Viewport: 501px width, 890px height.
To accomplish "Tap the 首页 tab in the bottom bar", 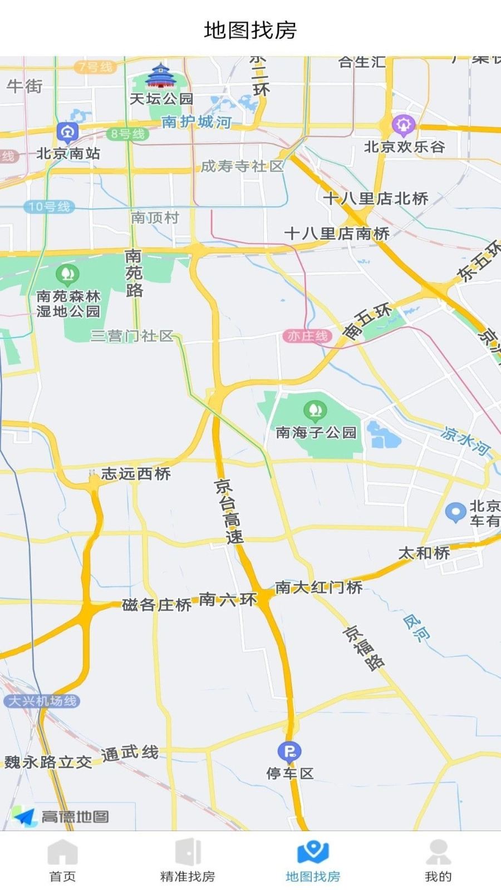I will tap(62, 860).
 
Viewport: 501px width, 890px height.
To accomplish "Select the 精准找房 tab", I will tap(188, 860).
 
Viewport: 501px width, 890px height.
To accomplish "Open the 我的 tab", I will tap(438, 860).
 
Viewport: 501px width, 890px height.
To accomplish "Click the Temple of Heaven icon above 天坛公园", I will tap(160, 76).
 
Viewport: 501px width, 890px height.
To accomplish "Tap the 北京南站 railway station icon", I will tap(67, 132).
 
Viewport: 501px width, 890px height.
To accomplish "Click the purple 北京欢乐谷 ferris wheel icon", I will tap(404, 125).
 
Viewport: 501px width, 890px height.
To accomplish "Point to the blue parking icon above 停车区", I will tap(289, 752).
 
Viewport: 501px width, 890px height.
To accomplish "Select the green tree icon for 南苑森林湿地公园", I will tap(68, 274).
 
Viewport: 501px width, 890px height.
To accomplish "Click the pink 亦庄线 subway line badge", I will tap(307, 336).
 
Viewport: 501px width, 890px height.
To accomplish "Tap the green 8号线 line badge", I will tap(127, 134).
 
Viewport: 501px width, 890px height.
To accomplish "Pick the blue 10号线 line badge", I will tap(50, 207).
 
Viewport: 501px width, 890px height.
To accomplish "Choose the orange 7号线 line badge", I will tap(96, 67).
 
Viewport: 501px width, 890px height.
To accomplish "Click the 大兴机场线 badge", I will tap(42, 701).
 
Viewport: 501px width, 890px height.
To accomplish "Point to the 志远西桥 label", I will tap(136, 474).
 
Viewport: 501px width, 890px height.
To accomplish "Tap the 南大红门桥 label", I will tap(319, 587).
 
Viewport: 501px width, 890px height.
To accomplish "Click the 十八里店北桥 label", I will tap(376, 199).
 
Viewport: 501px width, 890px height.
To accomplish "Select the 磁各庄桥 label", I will tap(156, 605).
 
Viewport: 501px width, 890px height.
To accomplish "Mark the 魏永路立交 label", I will tap(48, 762).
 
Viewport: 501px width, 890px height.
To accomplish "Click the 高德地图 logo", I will tap(61, 817).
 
